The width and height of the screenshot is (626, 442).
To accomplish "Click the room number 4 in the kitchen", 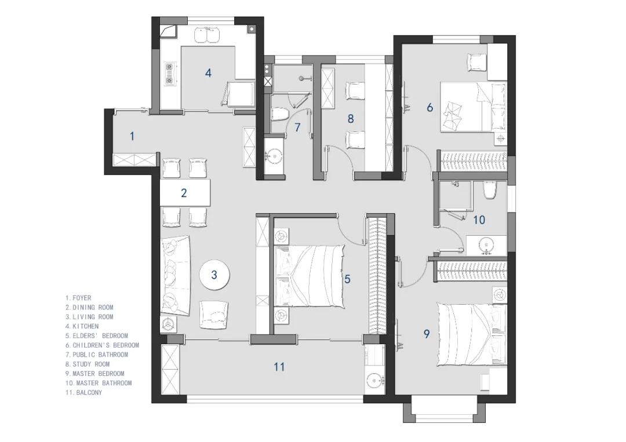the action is pos(208,72).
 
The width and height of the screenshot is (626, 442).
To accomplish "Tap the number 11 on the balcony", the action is pos(279,367).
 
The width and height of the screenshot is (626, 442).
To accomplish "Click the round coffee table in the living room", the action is pos(214,275).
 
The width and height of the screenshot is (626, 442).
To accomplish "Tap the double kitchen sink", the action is pos(207,35).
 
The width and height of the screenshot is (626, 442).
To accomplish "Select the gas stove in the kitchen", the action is pos(170,74).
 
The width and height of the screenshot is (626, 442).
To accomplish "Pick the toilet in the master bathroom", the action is pos(489,190).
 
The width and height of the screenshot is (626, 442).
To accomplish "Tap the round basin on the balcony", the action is pos(374,381).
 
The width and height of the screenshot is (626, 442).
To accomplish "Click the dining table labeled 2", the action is pos(185,193).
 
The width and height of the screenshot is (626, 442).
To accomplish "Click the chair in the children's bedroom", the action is pos(477,63).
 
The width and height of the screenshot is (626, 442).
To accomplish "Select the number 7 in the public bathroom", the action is pos(297,127).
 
